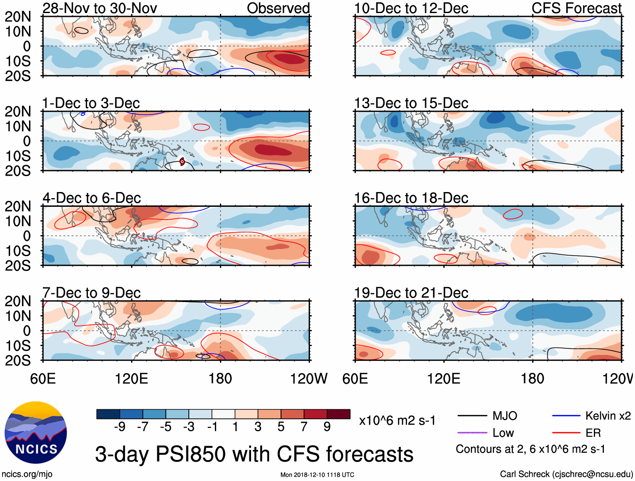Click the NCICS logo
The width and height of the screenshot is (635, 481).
[36, 433]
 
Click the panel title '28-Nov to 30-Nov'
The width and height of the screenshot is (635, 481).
[100, 8]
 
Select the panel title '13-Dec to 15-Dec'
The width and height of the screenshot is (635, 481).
[411, 103]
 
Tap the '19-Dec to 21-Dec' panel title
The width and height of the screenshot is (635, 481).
[411, 293]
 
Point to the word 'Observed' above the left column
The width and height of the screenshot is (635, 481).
[278, 8]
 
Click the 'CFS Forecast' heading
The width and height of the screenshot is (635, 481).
[576, 8]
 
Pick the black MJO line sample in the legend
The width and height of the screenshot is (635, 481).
[472, 416]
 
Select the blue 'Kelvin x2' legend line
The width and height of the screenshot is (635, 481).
[566, 416]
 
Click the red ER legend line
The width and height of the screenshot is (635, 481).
[566, 433]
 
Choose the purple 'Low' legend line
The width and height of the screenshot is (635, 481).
[472, 433]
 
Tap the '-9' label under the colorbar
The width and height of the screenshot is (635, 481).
[120, 427]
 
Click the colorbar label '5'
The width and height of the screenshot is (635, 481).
[281, 427]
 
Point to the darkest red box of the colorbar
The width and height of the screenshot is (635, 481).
[339, 414]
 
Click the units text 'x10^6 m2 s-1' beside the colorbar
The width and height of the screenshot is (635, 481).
[397, 420]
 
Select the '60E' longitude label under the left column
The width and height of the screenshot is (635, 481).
[43, 379]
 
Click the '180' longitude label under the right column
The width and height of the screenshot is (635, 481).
[532, 379]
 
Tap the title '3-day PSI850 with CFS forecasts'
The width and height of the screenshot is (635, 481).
[254, 454]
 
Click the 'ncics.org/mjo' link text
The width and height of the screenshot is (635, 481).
[27, 474]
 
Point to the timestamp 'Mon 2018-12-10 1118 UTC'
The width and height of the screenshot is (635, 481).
[317, 475]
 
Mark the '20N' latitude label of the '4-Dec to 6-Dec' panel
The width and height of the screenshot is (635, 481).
[18, 206]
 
